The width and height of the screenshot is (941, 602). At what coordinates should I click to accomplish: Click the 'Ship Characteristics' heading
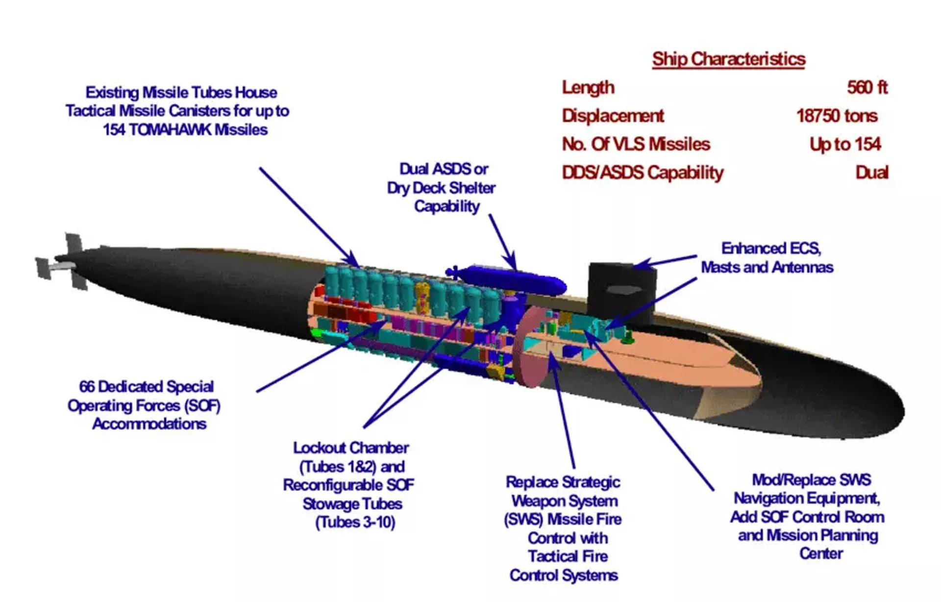pos(728,59)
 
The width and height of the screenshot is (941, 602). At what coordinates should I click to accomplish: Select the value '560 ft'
pos(867,87)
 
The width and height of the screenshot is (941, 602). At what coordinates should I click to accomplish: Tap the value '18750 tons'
pos(837,116)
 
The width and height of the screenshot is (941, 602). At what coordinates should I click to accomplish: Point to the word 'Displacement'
pos(613,116)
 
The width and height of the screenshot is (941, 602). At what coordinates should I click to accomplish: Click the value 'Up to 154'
pos(845,144)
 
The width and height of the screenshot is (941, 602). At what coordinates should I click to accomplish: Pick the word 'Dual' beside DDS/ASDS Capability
pos(871,173)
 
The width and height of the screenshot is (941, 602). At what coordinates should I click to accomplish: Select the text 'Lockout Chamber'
pos(351,448)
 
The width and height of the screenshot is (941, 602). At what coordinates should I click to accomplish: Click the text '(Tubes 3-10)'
pos(355,523)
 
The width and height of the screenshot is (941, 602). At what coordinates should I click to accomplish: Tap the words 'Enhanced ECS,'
pos(771,249)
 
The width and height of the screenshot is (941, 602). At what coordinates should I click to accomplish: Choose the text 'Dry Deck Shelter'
pos(441,188)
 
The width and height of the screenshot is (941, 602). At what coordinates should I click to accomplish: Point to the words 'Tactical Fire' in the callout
pos(568,556)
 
